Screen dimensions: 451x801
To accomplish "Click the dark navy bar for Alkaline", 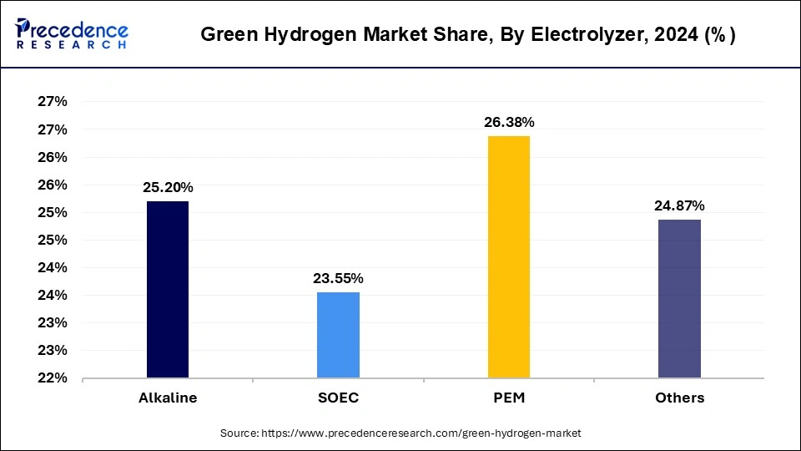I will click(x=168, y=289).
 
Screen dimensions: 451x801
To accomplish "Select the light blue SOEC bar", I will click(x=338, y=334).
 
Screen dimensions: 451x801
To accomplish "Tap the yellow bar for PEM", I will click(x=508, y=256).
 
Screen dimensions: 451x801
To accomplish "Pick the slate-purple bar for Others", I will click(x=679, y=298).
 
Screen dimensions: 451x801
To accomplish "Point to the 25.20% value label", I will click(x=168, y=187).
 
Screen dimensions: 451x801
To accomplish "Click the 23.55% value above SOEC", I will click(x=338, y=278).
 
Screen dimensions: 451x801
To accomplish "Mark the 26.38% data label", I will click(x=509, y=122).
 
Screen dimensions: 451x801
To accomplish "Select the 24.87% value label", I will click(x=679, y=205).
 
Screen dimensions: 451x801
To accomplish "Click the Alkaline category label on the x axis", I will click(x=168, y=398).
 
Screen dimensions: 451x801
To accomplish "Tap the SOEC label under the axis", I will click(x=338, y=398).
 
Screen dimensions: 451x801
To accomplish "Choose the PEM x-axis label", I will click(x=509, y=398).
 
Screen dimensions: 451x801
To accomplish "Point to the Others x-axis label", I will click(x=679, y=398).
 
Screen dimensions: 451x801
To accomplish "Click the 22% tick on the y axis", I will click(x=53, y=378).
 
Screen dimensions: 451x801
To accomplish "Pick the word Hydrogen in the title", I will click(x=295, y=36).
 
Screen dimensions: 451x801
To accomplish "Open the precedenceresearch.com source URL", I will click(x=421, y=433).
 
